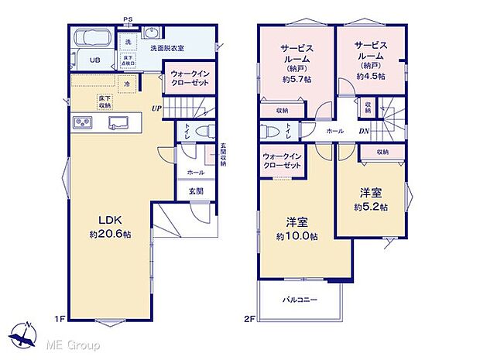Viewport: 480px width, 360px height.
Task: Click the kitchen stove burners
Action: click(x=83, y=122)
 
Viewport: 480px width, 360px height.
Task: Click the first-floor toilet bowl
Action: click(x=202, y=132)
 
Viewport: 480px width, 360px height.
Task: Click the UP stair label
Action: click(x=157, y=108)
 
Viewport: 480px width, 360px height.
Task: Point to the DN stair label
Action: click(x=363, y=131)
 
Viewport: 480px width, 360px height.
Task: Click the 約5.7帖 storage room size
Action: click(x=297, y=78)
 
